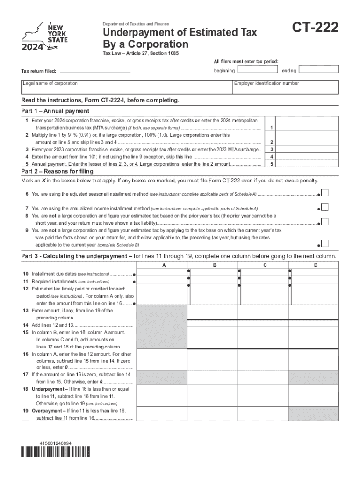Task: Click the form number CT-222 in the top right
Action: tap(316, 29)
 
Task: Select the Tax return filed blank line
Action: tap(95, 71)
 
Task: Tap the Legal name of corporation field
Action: tap(126, 87)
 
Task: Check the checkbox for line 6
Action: tap(325, 193)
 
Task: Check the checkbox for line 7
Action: tap(325, 207)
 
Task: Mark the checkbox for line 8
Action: tap(325, 222)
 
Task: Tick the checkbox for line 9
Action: tap(325, 243)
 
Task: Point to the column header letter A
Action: tap(163, 265)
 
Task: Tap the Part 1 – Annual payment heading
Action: tap(55, 111)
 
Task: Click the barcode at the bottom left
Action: tap(56, 452)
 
